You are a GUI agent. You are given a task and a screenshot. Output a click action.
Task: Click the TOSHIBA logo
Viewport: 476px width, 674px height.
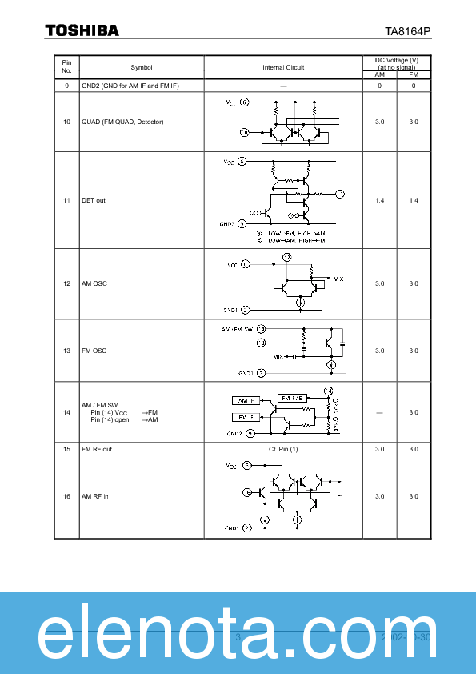82,30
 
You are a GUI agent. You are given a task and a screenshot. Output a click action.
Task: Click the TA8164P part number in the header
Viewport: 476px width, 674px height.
408,31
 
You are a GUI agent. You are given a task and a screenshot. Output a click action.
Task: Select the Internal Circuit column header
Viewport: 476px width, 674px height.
283,67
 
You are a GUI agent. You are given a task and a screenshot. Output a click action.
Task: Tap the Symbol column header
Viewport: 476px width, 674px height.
142,67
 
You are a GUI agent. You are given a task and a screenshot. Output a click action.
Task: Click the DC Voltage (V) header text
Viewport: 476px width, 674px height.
397,61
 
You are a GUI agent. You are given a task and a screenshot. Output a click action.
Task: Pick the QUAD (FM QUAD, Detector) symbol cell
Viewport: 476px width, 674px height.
122,122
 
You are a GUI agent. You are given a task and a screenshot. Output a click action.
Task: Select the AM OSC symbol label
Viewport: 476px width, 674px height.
94,283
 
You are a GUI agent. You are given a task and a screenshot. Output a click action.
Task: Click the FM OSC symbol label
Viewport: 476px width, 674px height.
94,351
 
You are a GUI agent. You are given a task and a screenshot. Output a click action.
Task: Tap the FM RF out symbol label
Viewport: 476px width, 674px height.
97,449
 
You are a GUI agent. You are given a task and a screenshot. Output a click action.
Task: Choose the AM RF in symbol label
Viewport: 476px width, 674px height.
95,496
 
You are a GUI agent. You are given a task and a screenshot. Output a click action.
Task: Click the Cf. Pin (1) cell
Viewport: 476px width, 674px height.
283,449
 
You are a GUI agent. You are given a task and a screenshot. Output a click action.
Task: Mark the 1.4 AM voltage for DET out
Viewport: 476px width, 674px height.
380,200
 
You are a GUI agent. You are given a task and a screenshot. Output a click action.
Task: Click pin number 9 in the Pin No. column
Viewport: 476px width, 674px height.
66,86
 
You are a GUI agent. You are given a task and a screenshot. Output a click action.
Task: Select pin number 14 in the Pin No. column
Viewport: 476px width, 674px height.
66,412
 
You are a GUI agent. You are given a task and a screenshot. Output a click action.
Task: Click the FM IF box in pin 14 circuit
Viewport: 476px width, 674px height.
245,417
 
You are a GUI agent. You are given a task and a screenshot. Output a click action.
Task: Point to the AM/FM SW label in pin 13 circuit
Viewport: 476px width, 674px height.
237,329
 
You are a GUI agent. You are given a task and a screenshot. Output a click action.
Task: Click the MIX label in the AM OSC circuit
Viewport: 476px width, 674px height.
338,279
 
